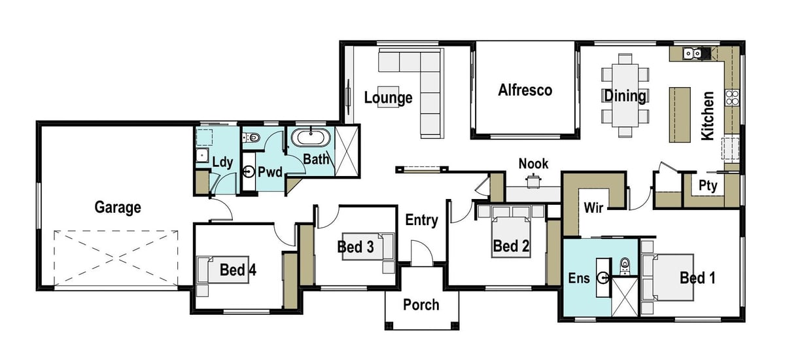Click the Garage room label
click(118, 207)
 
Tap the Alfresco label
click(525, 90)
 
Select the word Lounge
click(388, 98)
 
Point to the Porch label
click(421, 304)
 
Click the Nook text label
click(533, 163)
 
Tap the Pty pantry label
click(707, 186)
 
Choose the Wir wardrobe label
click(593, 208)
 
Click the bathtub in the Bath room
click(310, 139)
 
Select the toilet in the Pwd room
click(253, 137)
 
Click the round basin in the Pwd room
click(249, 173)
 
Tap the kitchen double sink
click(692, 54)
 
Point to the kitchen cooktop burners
click(731, 98)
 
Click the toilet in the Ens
click(625, 264)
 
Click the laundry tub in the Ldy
click(201, 155)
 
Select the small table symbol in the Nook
click(534, 181)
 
